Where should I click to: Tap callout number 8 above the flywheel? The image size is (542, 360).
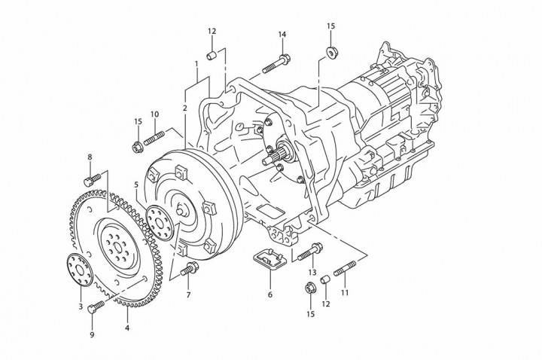click(x=90, y=157)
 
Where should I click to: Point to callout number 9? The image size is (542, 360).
click(x=93, y=334)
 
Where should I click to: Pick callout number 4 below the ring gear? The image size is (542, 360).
click(x=127, y=328)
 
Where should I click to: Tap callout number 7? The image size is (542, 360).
click(x=188, y=294)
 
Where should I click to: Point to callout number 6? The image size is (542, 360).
click(x=269, y=294)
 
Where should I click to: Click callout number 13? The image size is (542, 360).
click(x=311, y=271)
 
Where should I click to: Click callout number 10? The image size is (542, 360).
click(x=154, y=114)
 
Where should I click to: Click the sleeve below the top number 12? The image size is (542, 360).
click(x=213, y=55)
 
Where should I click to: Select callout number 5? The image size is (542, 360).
click(x=136, y=184)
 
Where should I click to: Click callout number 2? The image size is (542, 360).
click(x=184, y=108)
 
